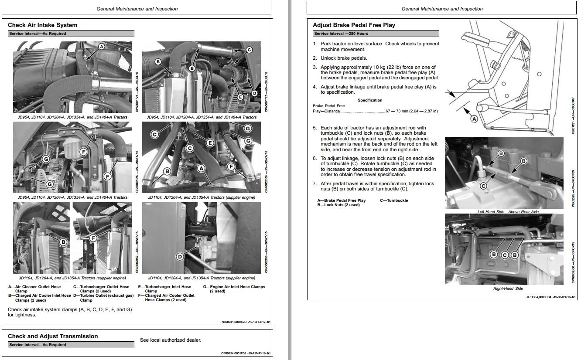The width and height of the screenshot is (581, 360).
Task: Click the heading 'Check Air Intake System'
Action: [x=42, y=25]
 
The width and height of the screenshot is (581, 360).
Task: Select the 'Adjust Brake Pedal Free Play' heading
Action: [x=354, y=25]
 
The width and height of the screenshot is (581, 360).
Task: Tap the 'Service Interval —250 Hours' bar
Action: [x=376, y=34]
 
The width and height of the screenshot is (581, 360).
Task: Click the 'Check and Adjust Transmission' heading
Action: [x=53, y=336]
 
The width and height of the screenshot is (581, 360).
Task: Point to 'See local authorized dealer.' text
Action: [x=171, y=340]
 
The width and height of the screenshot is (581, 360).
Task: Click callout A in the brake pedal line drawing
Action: [x=474, y=119]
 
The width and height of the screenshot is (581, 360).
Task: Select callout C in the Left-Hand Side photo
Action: [x=483, y=186]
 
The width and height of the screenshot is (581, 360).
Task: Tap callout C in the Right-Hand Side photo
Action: [x=504, y=255]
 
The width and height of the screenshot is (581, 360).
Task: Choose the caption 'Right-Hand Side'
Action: [x=508, y=289]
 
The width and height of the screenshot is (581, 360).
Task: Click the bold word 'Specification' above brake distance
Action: [x=370, y=100]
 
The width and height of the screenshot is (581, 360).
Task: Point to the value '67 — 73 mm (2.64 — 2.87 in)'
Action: [x=411, y=111]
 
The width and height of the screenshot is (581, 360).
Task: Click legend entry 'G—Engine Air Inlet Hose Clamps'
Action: [x=234, y=289]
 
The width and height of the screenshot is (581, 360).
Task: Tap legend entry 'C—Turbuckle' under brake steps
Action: [x=394, y=200]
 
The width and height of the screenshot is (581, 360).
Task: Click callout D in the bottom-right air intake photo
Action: [x=180, y=257]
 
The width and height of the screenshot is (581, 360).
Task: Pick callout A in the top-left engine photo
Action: [x=101, y=46]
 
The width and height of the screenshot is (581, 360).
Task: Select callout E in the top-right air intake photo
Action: [x=240, y=97]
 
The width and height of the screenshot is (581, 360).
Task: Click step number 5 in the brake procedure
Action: [x=314, y=128]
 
